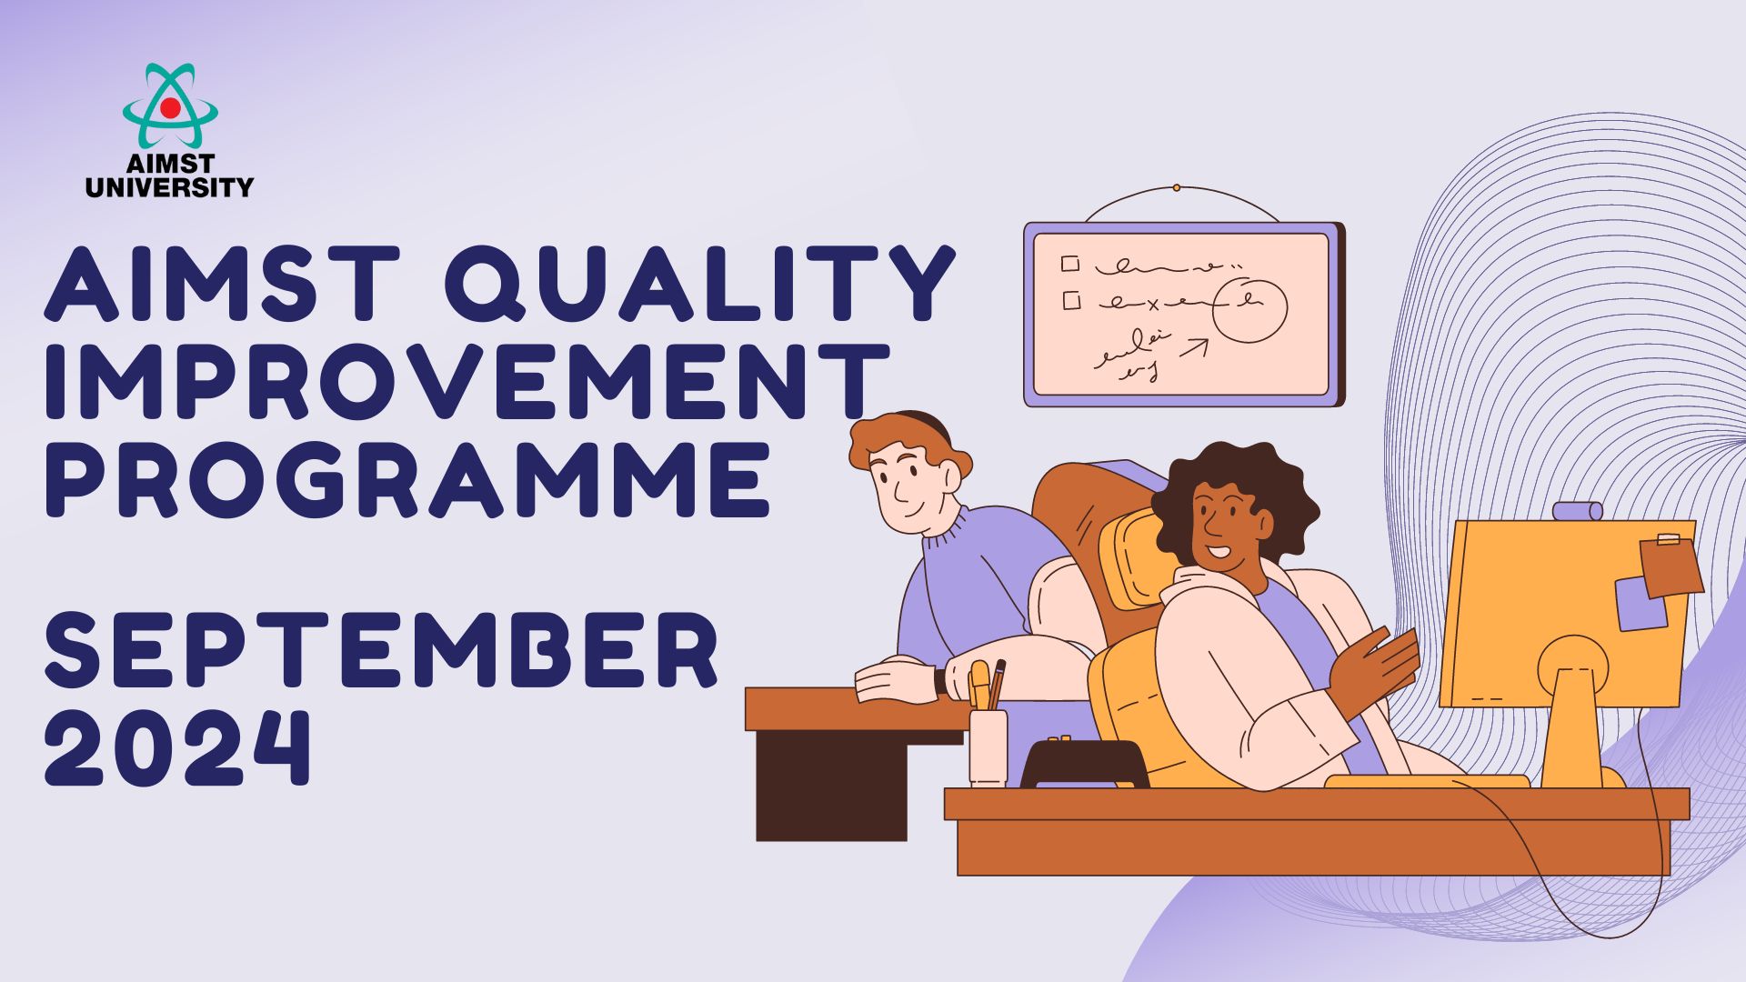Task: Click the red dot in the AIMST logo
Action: click(x=170, y=108)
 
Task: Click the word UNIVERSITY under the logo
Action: click(x=170, y=187)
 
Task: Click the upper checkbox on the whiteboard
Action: click(x=1070, y=264)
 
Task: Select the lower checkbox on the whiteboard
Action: click(x=1071, y=299)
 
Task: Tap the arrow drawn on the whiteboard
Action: click(x=1194, y=347)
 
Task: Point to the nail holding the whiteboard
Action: click(x=1176, y=188)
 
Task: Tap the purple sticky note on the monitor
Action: click(x=1641, y=604)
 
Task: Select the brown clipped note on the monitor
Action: click(x=1671, y=566)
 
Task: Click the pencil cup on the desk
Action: click(x=988, y=747)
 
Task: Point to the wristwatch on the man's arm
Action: click(x=940, y=681)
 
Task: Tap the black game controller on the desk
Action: click(x=1084, y=763)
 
